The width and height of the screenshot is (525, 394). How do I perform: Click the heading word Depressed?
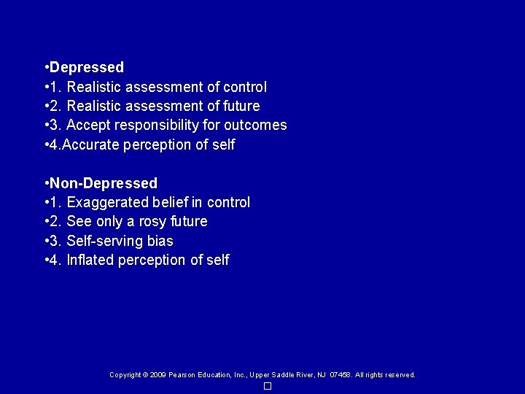[x=87, y=67]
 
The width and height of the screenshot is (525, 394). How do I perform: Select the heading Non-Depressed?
[x=104, y=183]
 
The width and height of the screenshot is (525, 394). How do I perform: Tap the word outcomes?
[x=255, y=125]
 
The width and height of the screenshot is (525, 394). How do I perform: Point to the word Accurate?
[x=92, y=144]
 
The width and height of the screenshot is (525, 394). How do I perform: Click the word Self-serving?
[x=104, y=241]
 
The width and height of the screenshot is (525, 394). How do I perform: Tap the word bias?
[x=159, y=241]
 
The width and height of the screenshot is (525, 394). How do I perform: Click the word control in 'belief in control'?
[x=228, y=202]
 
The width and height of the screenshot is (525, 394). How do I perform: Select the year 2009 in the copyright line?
[x=158, y=375]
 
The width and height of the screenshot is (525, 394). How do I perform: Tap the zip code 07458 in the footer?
[x=340, y=375]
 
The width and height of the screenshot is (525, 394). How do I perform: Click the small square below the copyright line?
[x=268, y=386]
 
